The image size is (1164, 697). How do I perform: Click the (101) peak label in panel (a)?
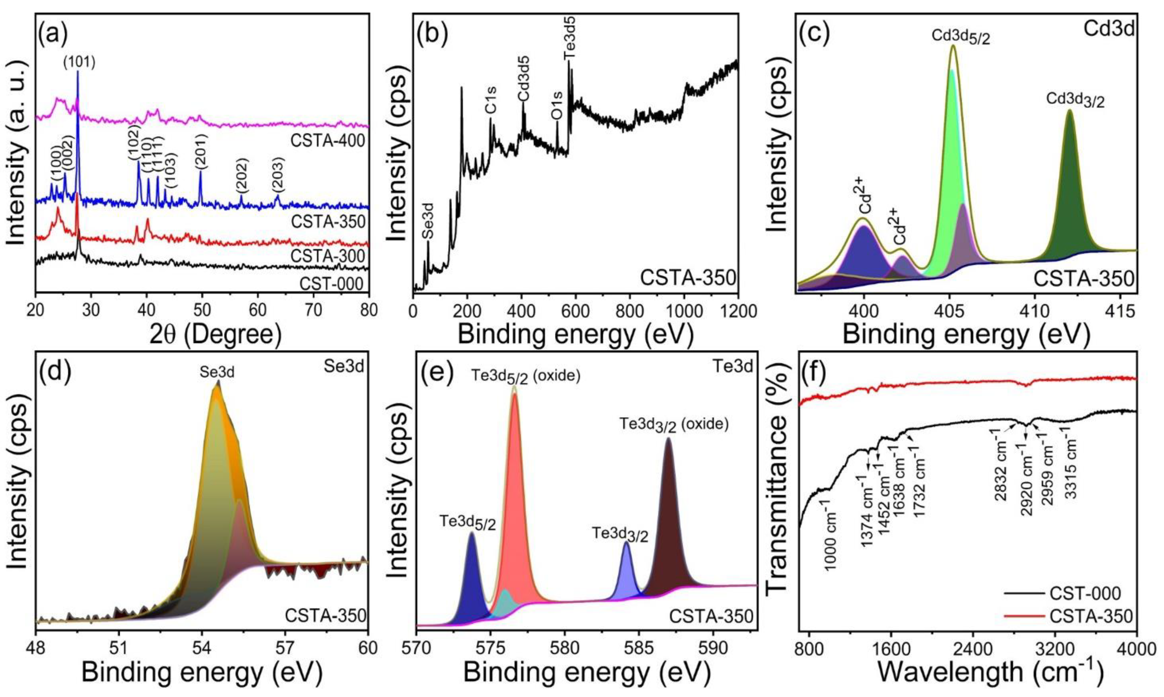[x=79, y=62]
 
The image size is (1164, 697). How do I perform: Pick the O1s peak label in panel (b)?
[x=557, y=106]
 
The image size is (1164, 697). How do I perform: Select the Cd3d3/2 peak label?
[x=1075, y=99]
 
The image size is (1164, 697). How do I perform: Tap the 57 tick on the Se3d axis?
[x=285, y=648]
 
